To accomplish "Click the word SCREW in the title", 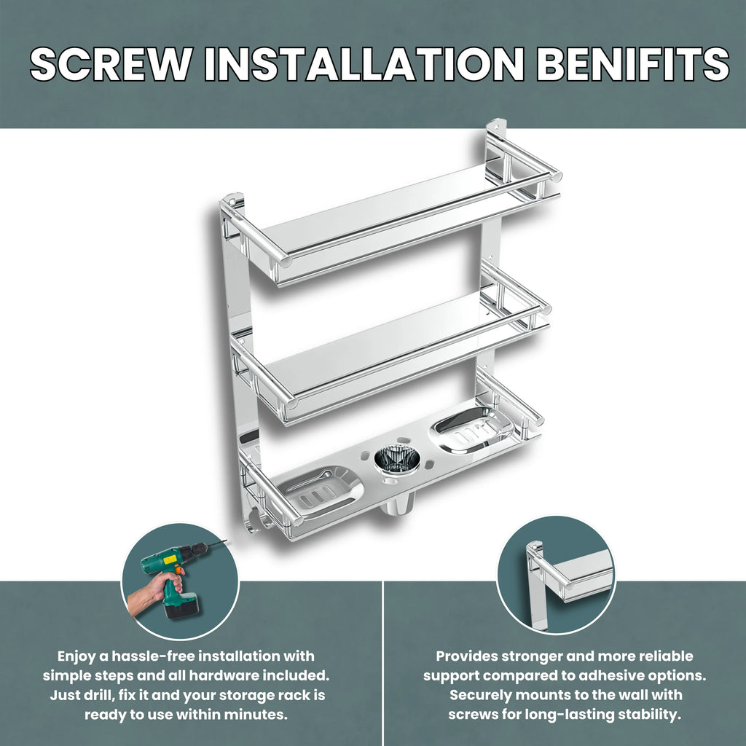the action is click(111, 64).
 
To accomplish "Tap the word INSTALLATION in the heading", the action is click(364, 64).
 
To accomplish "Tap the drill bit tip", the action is click(226, 541).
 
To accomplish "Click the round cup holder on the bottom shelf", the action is click(397, 459).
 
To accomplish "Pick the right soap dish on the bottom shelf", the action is click(472, 430).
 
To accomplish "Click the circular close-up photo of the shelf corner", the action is click(556, 576).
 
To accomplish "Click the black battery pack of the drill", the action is click(181, 605).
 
